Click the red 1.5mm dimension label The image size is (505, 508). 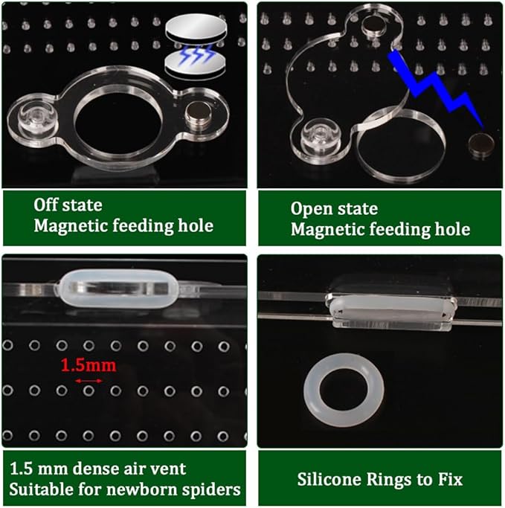click(x=88, y=365)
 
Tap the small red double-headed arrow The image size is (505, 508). click(x=89, y=382)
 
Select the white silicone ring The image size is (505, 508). click(x=344, y=390)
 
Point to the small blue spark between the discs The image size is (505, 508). click(x=196, y=53)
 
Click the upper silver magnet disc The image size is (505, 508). click(x=196, y=28)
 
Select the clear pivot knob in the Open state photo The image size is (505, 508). click(x=321, y=136)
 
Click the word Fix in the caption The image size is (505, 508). click(x=451, y=479)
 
